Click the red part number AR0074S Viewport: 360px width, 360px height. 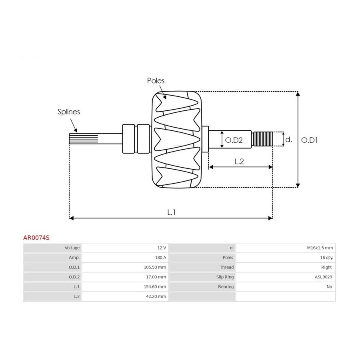[x=36, y=238]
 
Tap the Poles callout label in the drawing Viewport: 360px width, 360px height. [x=156, y=80]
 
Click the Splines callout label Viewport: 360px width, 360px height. [x=69, y=112]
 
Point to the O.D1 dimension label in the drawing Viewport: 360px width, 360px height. [x=309, y=140]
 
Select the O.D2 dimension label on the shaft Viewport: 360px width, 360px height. [x=234, y=140]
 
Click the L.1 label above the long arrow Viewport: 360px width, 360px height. [x=171, y=212]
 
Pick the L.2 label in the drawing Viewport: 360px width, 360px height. [x=239, y=162]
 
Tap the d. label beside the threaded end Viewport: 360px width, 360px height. [x=288, y=139]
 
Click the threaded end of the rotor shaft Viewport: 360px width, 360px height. [x=262, y=139]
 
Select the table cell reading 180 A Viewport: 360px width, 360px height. [x=160, y=258]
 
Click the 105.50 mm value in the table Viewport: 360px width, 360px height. [x=155, y=267]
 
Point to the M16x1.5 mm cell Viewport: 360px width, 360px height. [x=320, y=248]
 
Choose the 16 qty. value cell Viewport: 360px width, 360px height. [x=326, y=258]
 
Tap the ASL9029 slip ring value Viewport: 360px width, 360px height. [x=323, y=277]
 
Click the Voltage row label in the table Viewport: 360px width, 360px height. [x=72, y=248]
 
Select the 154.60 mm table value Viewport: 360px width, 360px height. [x=155, y=286]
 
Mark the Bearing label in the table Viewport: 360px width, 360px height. [x=226, y=286]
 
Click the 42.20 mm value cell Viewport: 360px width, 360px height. [x=156, y=296]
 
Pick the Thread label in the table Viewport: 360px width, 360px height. [x=227, y=267]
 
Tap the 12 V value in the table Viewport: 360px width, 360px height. [x=162, y=248]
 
